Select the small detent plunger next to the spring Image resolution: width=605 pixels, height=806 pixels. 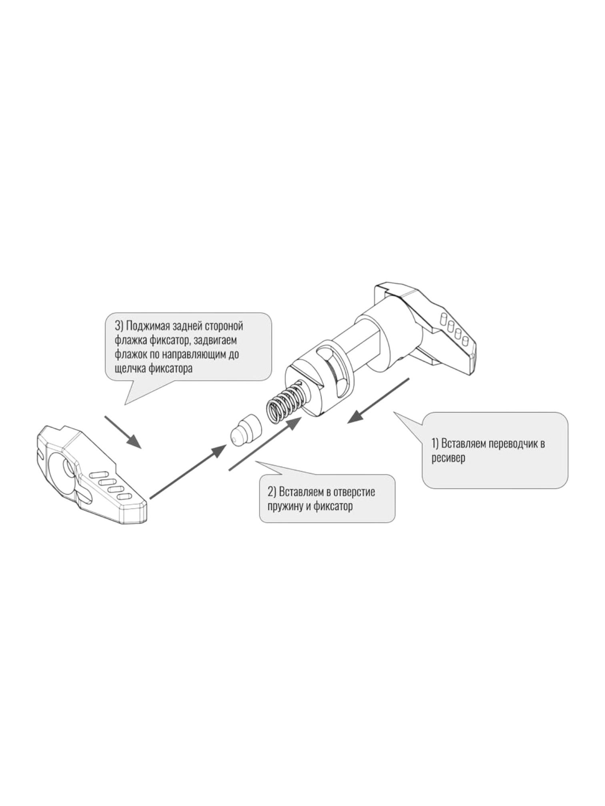246,430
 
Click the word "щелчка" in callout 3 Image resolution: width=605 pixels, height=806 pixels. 130,368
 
